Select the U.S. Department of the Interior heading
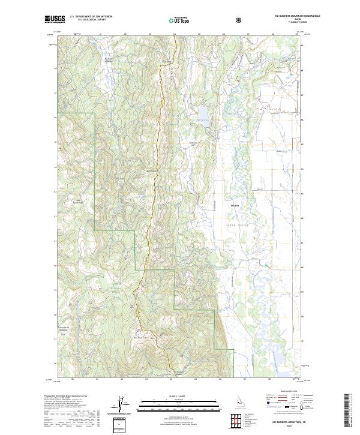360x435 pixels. [91, 17]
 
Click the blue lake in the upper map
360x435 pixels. [203, 113]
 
